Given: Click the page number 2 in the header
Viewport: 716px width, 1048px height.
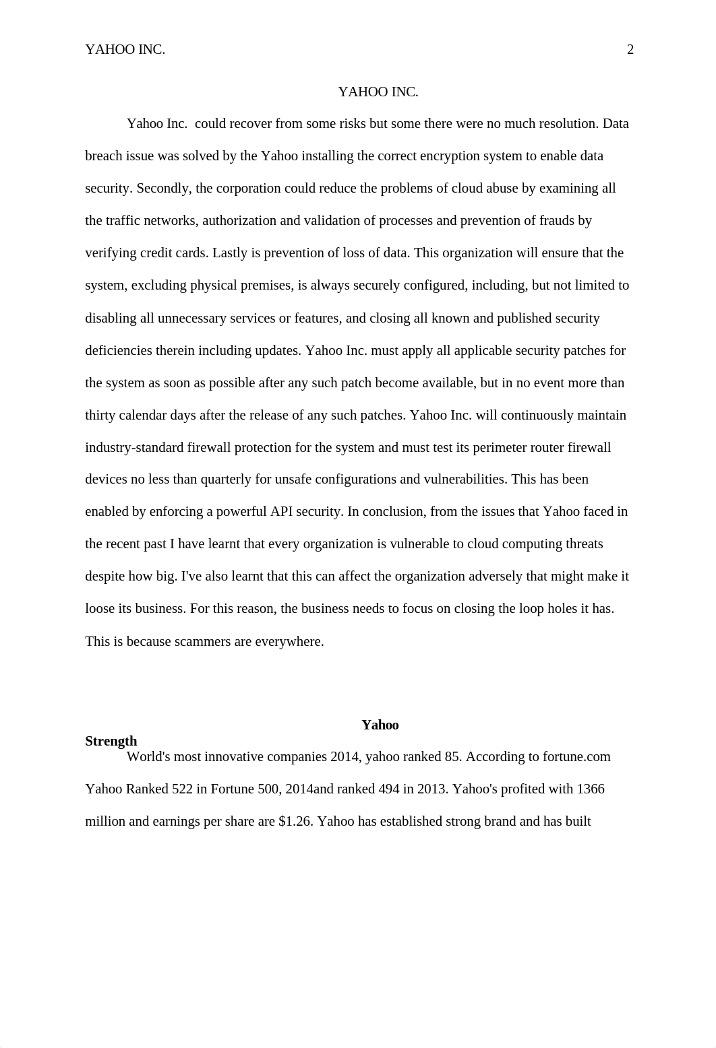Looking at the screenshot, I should (630, 49).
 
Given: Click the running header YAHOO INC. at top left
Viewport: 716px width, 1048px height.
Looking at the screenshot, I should (125, 49).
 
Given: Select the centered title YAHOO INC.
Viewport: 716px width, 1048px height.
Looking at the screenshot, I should (378, 92).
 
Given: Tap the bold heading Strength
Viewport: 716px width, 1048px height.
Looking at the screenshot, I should (111, 741).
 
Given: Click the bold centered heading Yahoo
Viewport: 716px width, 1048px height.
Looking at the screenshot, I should (380, 725).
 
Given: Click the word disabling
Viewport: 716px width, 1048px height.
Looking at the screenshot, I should (111, 318).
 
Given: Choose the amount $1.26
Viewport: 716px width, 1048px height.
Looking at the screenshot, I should (295, 821).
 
